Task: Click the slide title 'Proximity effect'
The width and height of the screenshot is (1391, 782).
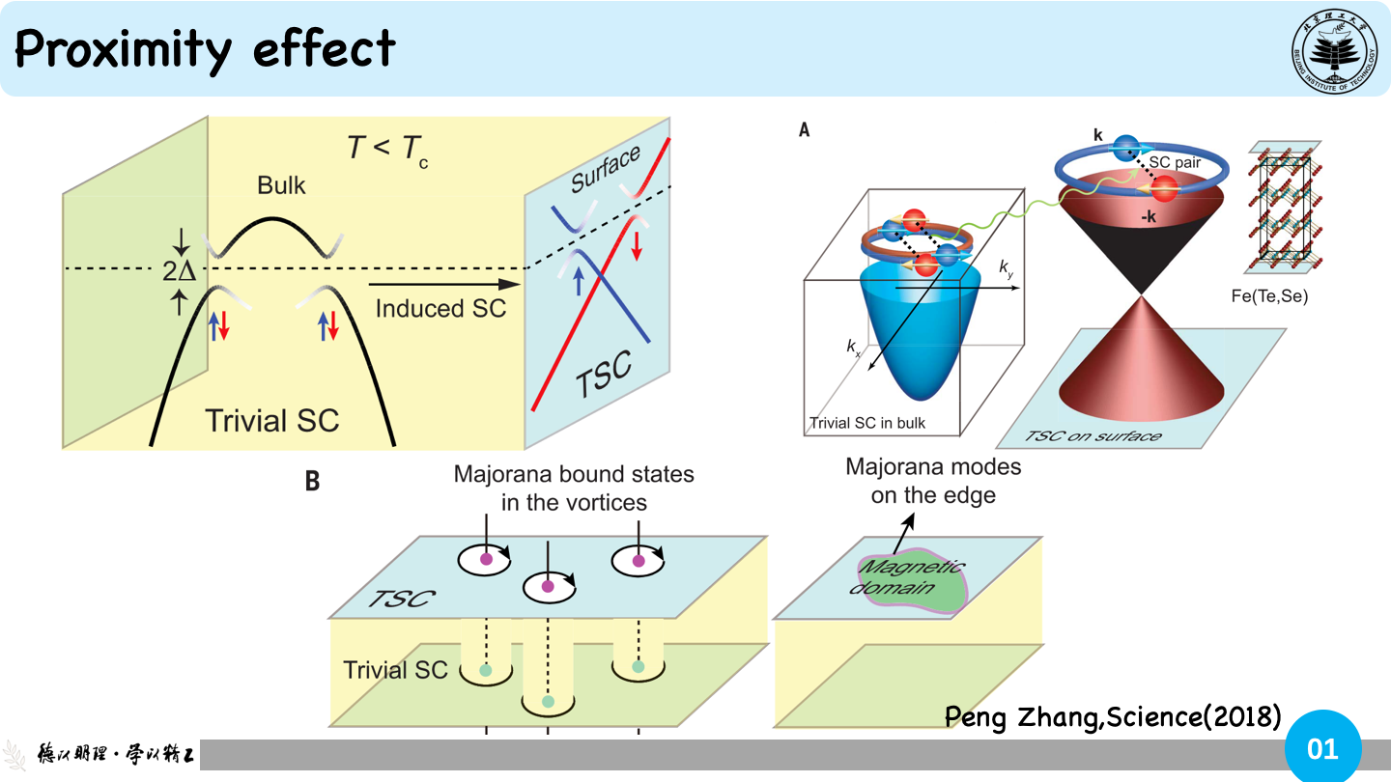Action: pyautogui.click(x=205, y=49)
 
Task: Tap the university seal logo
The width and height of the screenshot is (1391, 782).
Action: pyautogui.click(x=1334, y=50)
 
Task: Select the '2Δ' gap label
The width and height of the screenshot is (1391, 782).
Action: pyautogui.click(x=179, y=271)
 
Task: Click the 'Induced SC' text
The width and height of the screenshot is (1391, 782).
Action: pyautogui.click(x=440, y=309)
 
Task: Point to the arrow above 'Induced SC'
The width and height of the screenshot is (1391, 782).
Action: pyautogui.click(x=444, y=284)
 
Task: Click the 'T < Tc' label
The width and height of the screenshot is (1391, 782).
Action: pyautogui.click(x=387, y=151)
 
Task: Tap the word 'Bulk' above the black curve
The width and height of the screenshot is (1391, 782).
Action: pyautogui.click(x=281, y=185)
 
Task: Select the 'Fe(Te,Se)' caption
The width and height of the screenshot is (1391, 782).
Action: pyautogui.click(x=1269, y=296)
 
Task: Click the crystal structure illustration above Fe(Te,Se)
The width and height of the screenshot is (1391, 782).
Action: pyautogui.click(x=1283, y=208)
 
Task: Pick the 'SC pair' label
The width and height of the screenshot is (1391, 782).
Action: pyautogui.click(x=1175, y=162)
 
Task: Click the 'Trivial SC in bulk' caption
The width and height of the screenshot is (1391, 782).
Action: pyautogui.click(x=866, y=423)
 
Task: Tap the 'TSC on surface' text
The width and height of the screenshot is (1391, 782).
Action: pyautogui.click(x=1093, y=436)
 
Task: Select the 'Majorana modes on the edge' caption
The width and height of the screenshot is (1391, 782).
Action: pyautogui.click(x=933, y=481)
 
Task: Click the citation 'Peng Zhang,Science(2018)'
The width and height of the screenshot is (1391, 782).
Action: pyautogui.click(x=1113, y=716)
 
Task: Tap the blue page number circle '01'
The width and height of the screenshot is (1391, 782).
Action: pyautogui.click(x=1322, y=747)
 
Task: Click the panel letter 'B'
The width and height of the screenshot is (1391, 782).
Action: pyautogui.click(x=312, y=481)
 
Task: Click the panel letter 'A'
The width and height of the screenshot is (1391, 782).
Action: pyautogui.click(x=804, y=129)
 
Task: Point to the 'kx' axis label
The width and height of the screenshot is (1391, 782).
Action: pyautogui.click(x=853, y=347)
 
